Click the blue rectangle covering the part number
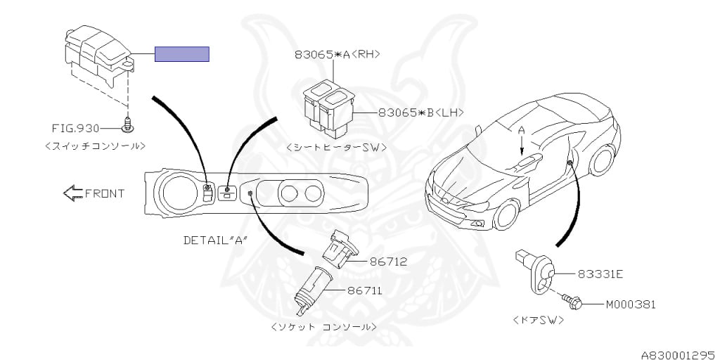click(x=182, y=53)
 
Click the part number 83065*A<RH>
click(x=337, y=54)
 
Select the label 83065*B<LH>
click(x=420, y=112)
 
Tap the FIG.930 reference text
click(x=75, y=128)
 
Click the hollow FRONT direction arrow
click(x=72, y=193)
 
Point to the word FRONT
click(x=105, y=194)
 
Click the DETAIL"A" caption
click(x=215, y=240)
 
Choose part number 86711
click(x=365, y=290)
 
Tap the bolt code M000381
click(x=631, y=304)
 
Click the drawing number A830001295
click(x=680, y=355)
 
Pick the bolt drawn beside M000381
click(x=572, y=301)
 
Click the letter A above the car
click(x=521, y=130)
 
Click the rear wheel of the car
click(x=603, y=160)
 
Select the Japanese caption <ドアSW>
click(x=538, y=321)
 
